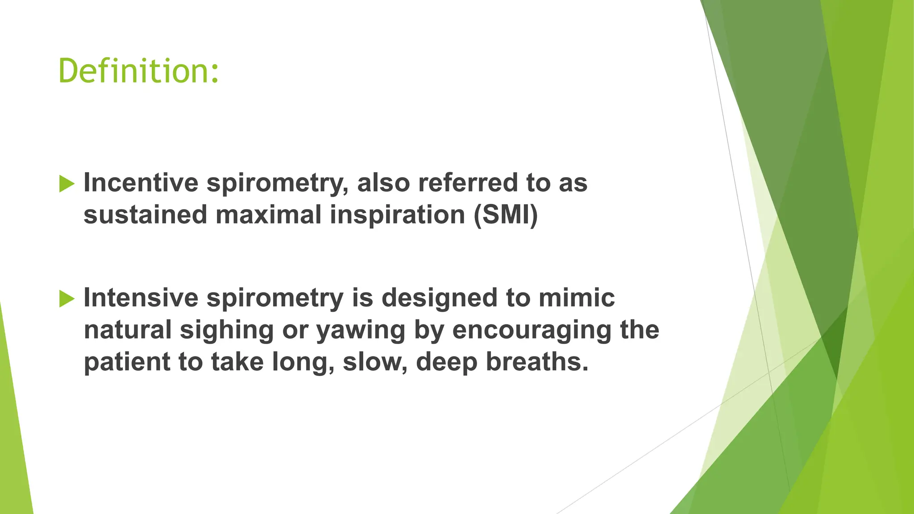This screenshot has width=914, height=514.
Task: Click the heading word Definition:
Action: pos(138,71)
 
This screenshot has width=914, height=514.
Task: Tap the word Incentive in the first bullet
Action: pos(141,182)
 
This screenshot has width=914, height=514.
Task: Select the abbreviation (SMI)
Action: pos(506,215)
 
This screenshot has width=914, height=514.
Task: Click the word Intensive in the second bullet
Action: pos(141,298)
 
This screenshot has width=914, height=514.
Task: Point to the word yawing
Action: pos(361,331)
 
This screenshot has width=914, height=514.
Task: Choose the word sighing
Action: pos(227,331)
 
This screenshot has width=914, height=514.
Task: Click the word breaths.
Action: pos(537,362)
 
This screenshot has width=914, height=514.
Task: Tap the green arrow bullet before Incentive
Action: pos(66,183)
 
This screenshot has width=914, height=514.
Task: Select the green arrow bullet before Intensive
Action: pos(66,298)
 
